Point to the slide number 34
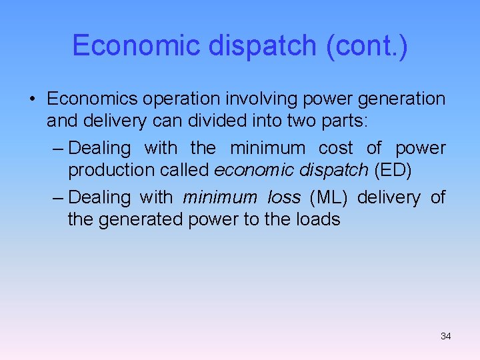[x=446, y=336]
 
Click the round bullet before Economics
[x=32, y=99]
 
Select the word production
[x=111, y=170]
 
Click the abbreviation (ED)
[x=393, y=170]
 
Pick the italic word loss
[x=284, y=197]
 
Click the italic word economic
[x=256, y=170]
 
